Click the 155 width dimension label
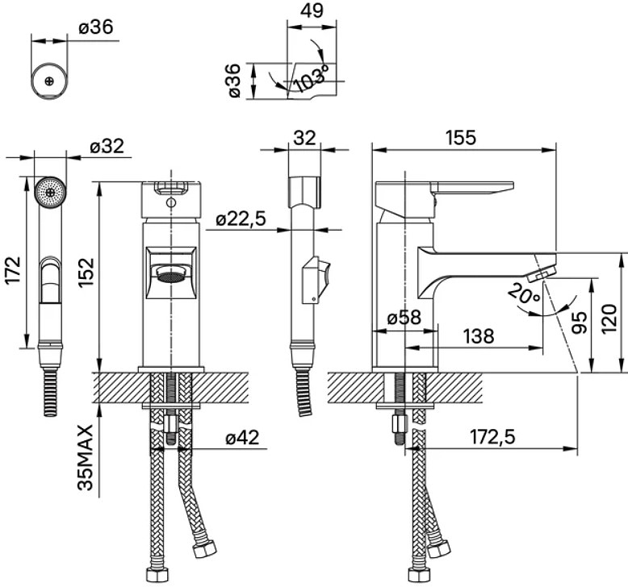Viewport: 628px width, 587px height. (x=461, y=138)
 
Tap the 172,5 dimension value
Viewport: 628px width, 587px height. (x=492, y=437)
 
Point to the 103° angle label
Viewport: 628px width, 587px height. (x=311, y=77)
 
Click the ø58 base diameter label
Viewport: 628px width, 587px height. (x=404, y=318)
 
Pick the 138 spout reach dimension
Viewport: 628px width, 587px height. (x=479, y=336)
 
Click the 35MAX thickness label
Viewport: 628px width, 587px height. (x=86, y=457)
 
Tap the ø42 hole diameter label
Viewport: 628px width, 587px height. (x=242, y=437)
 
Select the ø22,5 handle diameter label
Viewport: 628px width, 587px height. (x=241, y=219)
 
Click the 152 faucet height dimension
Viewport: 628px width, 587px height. (x=86, y=272)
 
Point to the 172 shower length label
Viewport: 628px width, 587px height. (x=12, y=270)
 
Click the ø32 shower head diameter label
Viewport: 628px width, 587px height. (x=107, y=146)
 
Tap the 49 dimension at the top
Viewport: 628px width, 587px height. (x=312, y=10)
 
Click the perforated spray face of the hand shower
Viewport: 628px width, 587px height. (x=51, y=192)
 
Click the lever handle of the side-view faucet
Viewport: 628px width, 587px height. (x=473, y=188)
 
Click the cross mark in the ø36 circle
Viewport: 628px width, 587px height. (x=50, y=81)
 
